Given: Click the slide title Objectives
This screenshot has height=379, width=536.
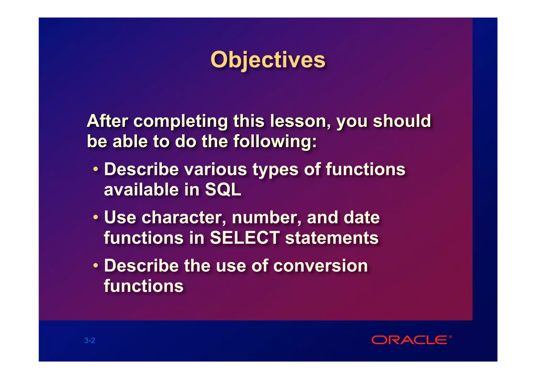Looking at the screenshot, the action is coord(268,60).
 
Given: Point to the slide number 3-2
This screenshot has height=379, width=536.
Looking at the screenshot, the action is coord(90,341).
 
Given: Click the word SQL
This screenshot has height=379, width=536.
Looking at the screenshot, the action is coord(223,189).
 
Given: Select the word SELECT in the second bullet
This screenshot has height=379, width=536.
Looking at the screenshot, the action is coord(245,238).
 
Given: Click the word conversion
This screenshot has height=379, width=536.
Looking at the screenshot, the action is coord(321,265).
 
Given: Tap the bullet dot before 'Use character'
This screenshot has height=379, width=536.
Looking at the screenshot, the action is coord(96,217).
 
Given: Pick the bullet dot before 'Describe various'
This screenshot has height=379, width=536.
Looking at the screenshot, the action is coord(96,169).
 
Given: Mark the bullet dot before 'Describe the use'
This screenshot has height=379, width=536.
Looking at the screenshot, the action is coord(96,265).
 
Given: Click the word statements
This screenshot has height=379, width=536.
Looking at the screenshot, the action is coord(332,238).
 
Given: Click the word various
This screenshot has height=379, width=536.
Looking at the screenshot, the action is coord(216,169).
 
